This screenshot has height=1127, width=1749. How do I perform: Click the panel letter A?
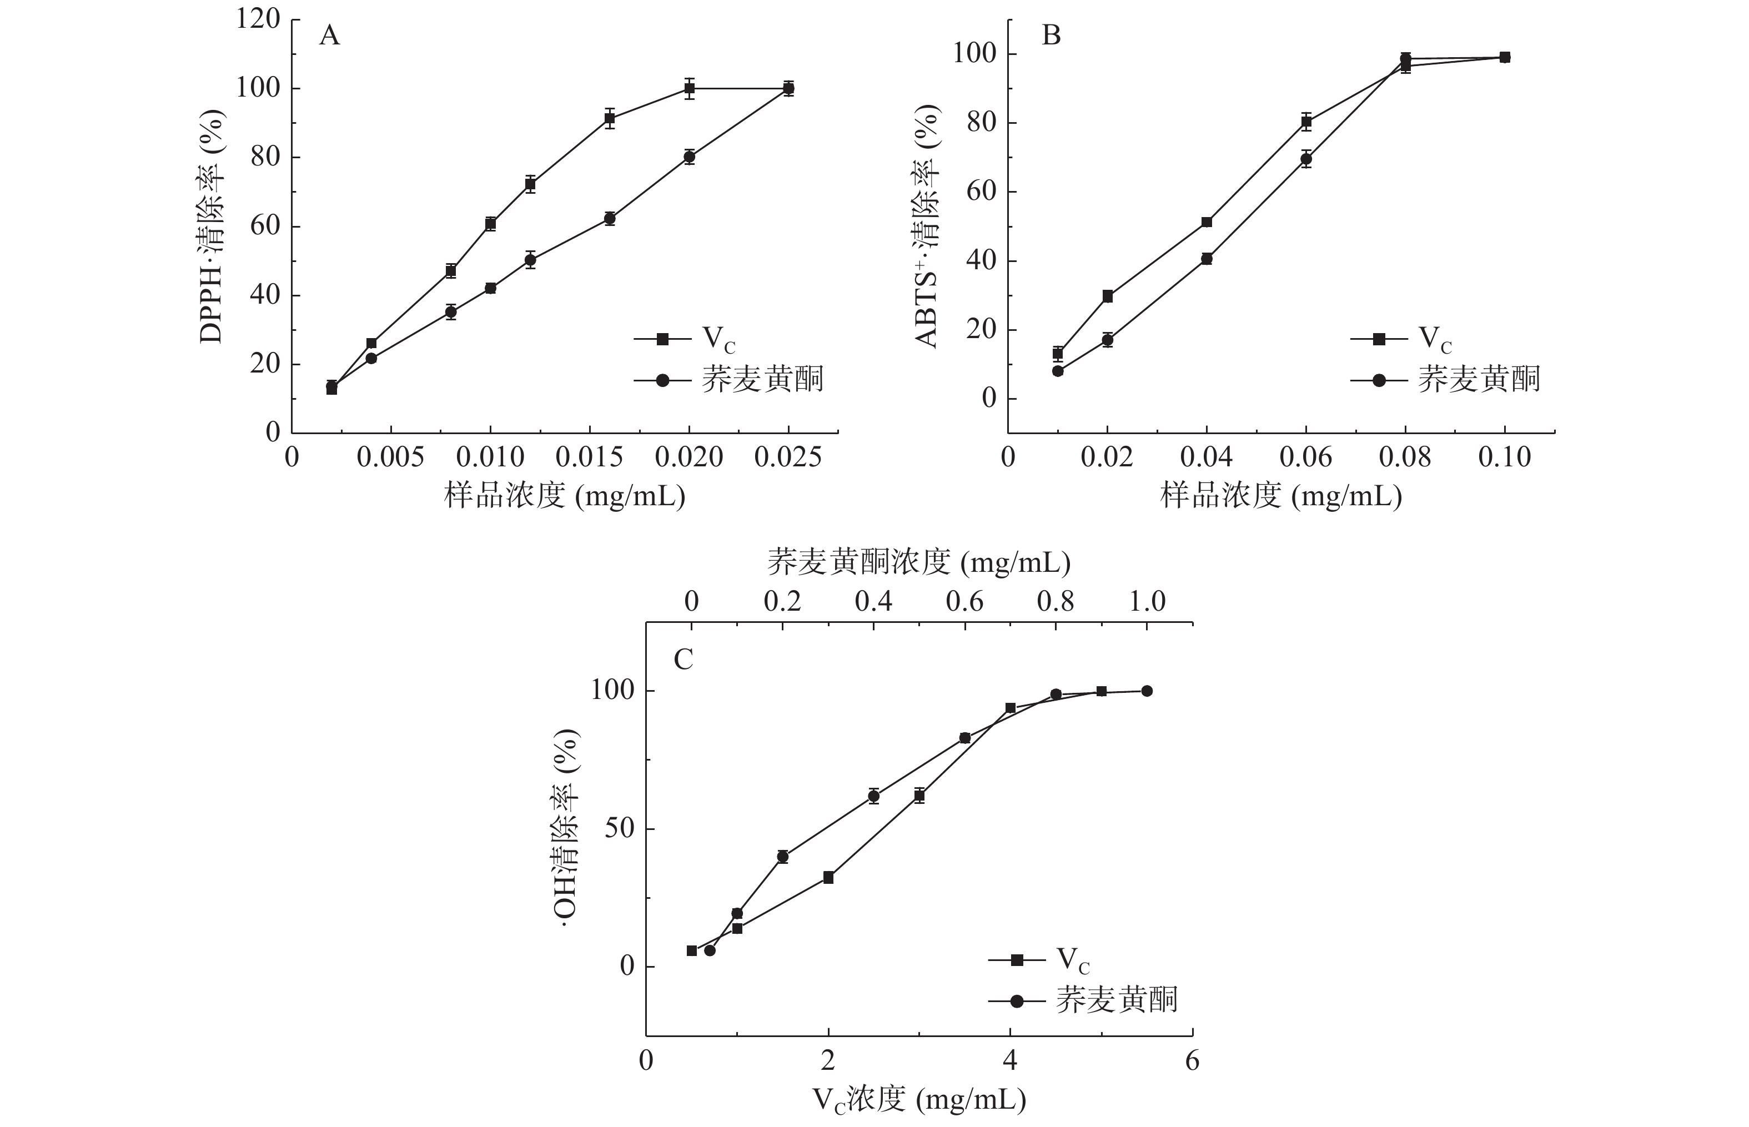coord(329,35)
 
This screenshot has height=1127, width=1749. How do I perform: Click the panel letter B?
coord(1051,35)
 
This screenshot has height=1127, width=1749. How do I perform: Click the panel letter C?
coord(683,660)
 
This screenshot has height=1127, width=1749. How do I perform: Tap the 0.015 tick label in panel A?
coord(589,457)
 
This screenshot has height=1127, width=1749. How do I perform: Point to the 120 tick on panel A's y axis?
coord(258,19)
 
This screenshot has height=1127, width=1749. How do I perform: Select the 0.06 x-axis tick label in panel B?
coord(1305,457)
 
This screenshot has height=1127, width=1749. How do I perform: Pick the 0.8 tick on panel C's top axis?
coord(1056,602)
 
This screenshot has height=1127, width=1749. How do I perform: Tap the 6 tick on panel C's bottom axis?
coord(1192,1060)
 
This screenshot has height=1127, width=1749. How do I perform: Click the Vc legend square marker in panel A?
coord(662,339)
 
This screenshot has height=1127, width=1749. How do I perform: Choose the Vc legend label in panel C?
coord(1073,959)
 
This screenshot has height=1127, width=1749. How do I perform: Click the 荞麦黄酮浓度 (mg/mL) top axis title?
coord(918,562)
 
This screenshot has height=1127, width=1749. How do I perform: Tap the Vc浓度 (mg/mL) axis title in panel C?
coord(918,1100)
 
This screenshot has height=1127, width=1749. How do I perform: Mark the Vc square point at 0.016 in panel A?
coord(610,118)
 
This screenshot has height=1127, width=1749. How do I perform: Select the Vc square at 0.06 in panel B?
coord(1306,122)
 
